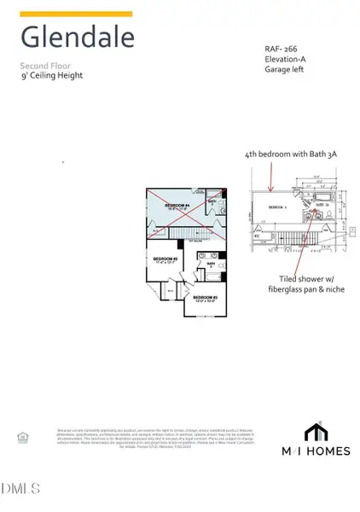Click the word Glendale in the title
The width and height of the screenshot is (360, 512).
pos(77,38)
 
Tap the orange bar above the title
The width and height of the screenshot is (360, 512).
pos(76,14)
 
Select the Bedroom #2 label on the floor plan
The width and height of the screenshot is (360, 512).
pos(165,259)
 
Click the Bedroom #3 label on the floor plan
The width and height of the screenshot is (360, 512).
pos(206,297)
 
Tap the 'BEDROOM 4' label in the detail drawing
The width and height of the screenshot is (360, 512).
pos(276,207)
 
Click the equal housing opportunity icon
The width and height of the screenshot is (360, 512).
pos(22,438)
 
